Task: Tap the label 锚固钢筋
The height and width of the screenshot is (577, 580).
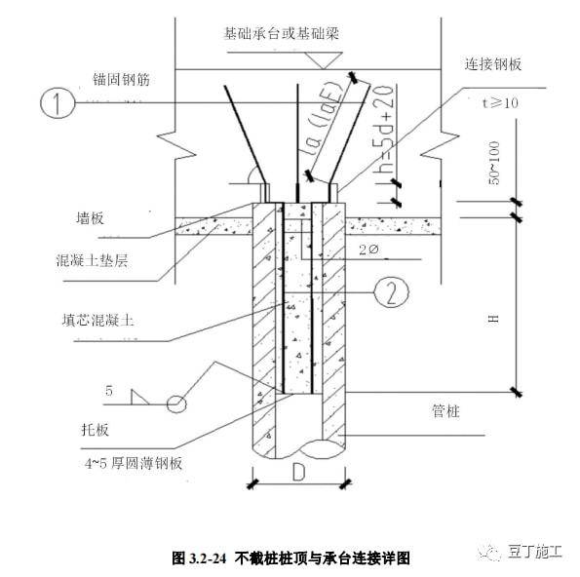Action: (x=121, y=80)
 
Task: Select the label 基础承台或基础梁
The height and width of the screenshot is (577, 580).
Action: (x=282, y=33)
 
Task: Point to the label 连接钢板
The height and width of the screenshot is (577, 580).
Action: (x=493, y=64)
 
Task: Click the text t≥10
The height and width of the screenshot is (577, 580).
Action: (x=500, y=102)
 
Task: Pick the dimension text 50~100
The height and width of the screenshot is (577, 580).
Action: (x=494, y=163)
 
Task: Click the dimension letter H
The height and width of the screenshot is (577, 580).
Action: (x=494, y=319)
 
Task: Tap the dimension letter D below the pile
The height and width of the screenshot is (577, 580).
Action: (x=298, y=472)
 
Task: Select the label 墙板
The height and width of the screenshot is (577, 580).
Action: (x=90, y=218)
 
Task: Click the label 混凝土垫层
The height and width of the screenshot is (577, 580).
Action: (x=92, y=260)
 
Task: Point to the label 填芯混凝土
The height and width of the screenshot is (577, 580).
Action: (x=97, y=319)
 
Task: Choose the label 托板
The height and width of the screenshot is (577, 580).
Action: (x=96, y=430)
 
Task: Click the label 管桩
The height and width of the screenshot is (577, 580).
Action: (x=445, y=411)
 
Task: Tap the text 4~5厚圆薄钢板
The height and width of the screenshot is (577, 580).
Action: (x=134, y=463)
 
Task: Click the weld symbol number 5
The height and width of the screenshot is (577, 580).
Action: (x=109, y=391)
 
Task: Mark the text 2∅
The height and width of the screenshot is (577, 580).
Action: (x=368, y=250)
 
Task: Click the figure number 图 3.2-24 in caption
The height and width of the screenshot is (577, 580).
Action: (x=199, y=558)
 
